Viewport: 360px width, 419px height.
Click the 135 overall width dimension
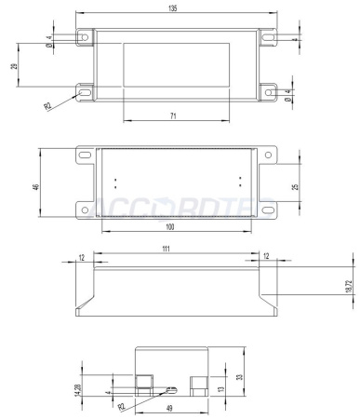coord(174,8)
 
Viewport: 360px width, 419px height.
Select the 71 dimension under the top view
coord(174,115)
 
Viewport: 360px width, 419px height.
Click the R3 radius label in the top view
coord(47,106)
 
